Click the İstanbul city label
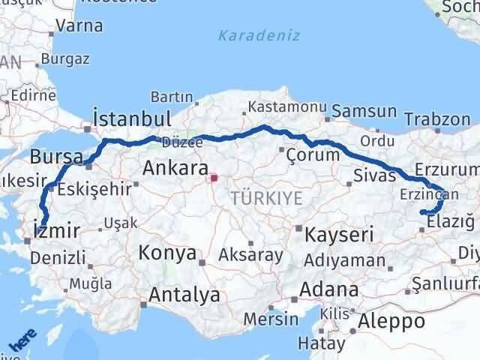(131, 118)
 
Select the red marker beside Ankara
(214, 178)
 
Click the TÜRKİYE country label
(267, 198)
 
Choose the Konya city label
(168, 253)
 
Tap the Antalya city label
(184, 295)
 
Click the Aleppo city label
(391, 322)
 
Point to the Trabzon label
(436, 119)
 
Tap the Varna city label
(79, 25)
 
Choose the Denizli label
(53, 259)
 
